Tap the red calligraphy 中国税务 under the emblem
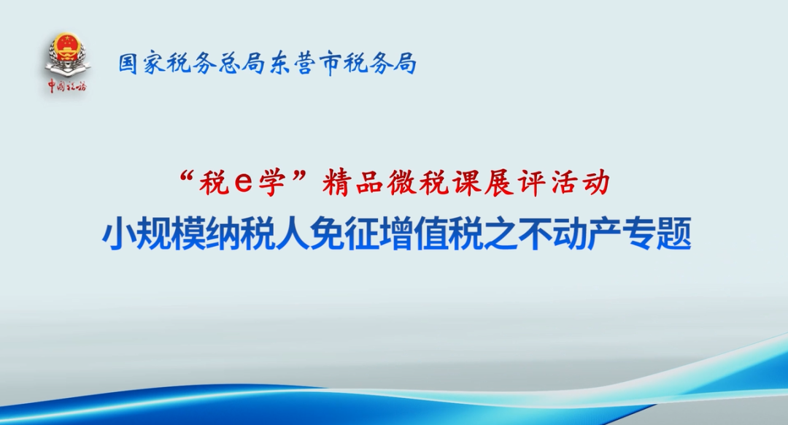67,86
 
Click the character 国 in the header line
129,64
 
